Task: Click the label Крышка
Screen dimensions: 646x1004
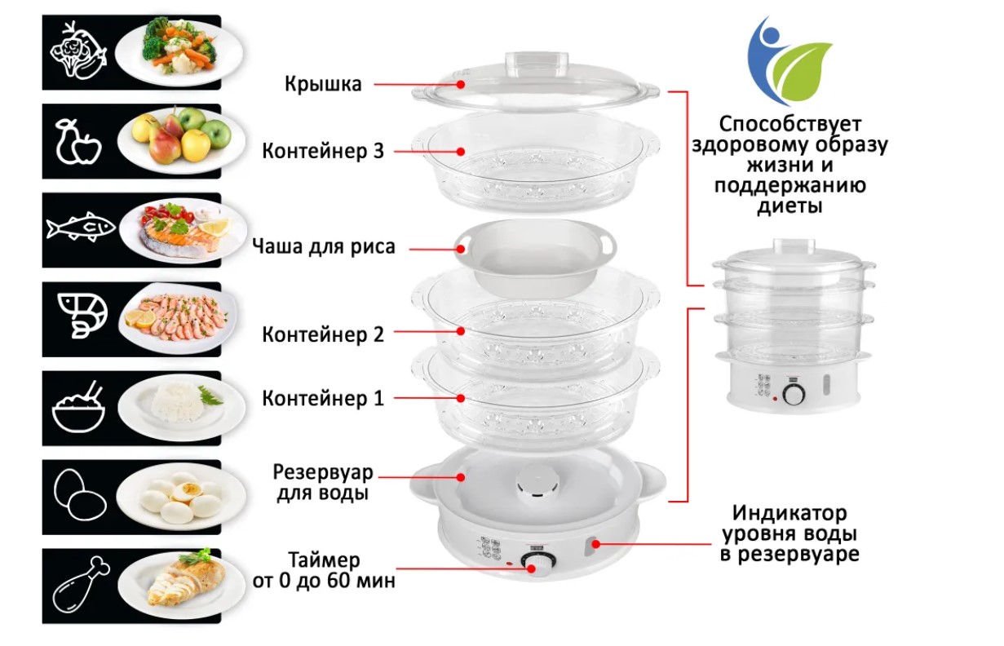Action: coord(323,84)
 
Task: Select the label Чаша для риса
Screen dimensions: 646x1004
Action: coord(324,246)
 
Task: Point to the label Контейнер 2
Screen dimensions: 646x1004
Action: coord(323,334)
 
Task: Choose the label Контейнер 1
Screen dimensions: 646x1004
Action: coord(323,399)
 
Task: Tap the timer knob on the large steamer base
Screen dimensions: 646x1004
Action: coord(536,564)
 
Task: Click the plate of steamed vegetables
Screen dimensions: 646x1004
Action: coord(179,47)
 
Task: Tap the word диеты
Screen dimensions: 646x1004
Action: coord(789,207)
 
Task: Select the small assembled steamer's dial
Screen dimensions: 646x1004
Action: coord(793,395)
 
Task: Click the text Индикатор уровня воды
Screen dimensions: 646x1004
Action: coord(789,524)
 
